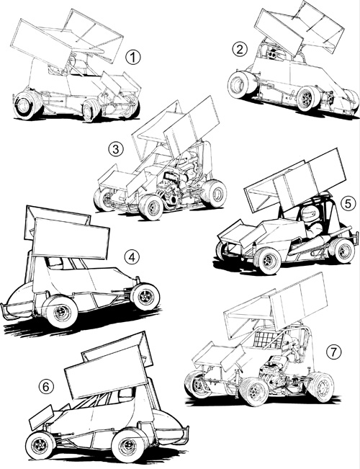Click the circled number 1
pos(132,57)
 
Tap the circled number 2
pos(240,50)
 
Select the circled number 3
pos(116,149)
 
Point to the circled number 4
pos(132,257)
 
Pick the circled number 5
pos(348,204)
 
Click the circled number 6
pos(46,387)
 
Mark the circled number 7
pos(333,352)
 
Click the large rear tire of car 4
pos(60,311)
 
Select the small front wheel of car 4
pos(145,296)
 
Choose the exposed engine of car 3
pos(175,186)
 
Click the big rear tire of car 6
pos(130,445)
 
